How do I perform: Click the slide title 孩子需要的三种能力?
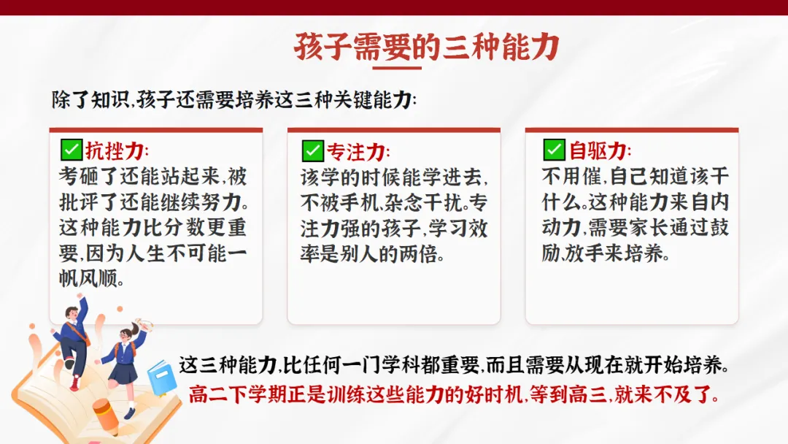(427, 47)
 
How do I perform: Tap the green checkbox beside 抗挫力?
(72, 150)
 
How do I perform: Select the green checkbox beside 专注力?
(312, 150)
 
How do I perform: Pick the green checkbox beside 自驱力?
(555, 150)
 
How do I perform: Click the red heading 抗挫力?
(115, 150)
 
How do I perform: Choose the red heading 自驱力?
(598, 150)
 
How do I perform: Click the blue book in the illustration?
(162, 378)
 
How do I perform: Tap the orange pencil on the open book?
(106, 416)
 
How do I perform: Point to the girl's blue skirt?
(123, 373)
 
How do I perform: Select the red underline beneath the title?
(397, 67)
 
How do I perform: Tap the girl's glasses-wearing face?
(125, 334)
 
